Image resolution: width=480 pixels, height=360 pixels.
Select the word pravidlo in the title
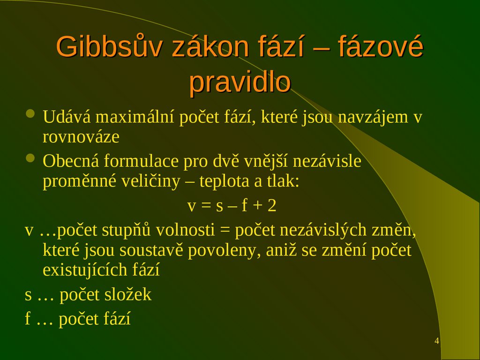[x=240, y=82]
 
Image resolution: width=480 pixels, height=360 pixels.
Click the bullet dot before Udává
[x=31, y=114]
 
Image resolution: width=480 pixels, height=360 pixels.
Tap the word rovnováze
[x=81, y=137]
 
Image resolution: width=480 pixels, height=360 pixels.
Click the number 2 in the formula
[x=272, y=206]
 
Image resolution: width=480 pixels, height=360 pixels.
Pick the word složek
[x=126, y=295]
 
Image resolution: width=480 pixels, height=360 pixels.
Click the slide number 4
[x=437, y=341]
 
